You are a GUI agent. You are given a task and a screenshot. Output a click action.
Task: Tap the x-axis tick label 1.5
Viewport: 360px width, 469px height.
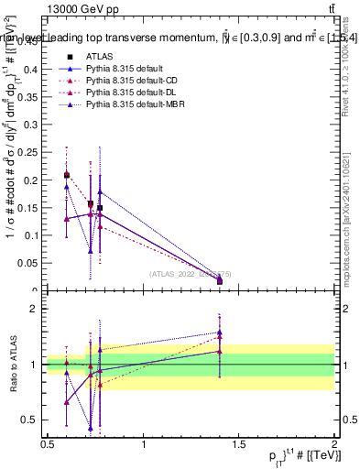239,444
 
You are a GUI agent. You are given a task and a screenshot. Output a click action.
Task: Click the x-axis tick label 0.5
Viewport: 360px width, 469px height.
48,444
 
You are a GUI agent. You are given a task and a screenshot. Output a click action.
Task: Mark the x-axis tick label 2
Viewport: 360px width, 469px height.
334,444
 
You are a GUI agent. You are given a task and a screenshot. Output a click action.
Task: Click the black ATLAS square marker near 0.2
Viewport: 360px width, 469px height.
67,174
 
